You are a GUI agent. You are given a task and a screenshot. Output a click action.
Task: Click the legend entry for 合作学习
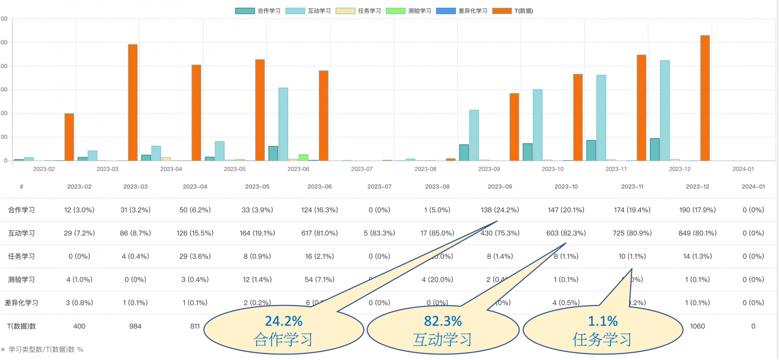(x=258, y=11)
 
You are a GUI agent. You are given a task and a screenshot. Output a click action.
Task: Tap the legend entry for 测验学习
(x=408, y=11)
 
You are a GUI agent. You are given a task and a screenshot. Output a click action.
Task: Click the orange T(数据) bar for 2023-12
(x=705, y=97)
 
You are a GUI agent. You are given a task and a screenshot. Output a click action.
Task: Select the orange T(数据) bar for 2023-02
(x=69, y=137)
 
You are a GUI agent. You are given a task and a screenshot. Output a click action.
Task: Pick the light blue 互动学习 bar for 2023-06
(x=283, y=124)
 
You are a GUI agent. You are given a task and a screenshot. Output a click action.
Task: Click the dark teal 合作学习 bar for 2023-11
(x=591, y=151)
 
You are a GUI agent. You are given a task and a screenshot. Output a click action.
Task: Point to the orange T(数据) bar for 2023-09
(x=514, y=127)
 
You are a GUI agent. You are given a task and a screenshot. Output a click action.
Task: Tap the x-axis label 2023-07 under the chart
(x=362, y=169)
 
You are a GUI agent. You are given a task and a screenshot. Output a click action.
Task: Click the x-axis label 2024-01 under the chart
(x=743, y=169)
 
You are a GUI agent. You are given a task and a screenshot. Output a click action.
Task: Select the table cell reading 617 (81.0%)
(x=319, y=233)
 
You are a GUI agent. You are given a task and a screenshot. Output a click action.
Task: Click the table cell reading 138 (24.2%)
(x=500, y=210)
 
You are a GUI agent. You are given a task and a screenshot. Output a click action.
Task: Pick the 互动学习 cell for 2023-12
(x=697, y=233)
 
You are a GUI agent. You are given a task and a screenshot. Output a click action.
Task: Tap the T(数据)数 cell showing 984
(x=135, y=326)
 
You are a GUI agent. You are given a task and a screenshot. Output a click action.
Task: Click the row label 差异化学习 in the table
(x=21, y=303)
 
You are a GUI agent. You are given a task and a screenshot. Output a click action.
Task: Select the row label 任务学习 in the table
(x=21, y=256)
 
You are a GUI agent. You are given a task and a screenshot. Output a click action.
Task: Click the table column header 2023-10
(x=566, y=187)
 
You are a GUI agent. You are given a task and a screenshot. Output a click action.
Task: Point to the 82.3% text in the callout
(x=443, y=322)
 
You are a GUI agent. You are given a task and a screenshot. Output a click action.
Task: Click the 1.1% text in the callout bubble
(x=603, y=322)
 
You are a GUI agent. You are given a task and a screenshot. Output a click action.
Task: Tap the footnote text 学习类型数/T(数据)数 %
(x=46, y=349)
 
